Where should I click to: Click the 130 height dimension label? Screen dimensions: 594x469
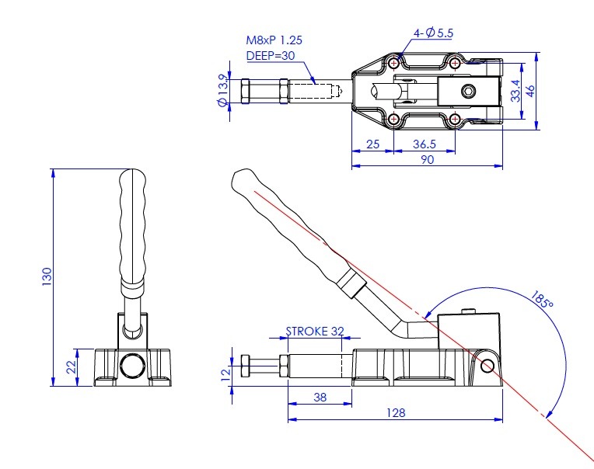(47, 276)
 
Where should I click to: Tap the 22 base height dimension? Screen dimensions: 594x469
(72, 367)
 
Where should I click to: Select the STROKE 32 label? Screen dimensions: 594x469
(315, 332)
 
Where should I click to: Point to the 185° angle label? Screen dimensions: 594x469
(542, 299)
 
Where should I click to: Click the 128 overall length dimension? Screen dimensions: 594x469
(396, 412)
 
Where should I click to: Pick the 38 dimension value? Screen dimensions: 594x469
(320, 397)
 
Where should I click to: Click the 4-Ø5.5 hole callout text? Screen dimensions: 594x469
(433, 33)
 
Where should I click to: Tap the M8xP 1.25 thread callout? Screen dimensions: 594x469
(274, 40)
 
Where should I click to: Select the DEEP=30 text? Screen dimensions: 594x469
(271, 56)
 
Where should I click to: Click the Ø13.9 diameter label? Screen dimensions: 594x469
(223, 91)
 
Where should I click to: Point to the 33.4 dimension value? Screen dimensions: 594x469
(515, 91)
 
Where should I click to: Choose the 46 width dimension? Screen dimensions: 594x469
(530, 91)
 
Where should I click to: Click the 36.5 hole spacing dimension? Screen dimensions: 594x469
(425, 144)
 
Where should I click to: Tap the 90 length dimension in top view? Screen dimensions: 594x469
(428, 160)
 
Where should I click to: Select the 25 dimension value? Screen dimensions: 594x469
(372, 144)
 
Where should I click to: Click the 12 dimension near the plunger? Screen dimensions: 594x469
(225, 373)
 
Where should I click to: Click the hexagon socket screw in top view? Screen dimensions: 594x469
(468, 91)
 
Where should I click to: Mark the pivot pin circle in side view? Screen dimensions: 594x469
(487, 366)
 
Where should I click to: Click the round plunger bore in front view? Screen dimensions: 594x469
(132, 365)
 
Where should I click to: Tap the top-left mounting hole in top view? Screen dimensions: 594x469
(394, 63)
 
